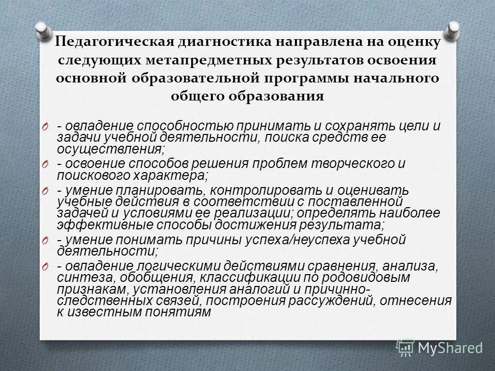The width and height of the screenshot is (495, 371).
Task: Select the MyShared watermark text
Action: point(450,348)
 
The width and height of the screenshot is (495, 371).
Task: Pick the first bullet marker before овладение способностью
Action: point(45,127)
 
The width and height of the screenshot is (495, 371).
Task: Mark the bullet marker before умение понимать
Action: point(45,240)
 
